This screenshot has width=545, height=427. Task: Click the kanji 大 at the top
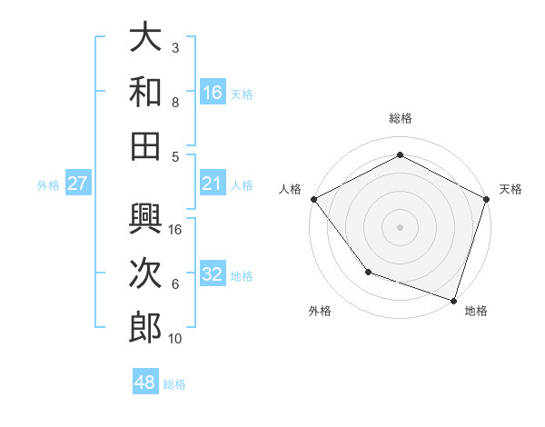[145, 39]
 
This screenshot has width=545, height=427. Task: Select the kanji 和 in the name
[145, 92]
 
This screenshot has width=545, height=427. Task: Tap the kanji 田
[145, 144]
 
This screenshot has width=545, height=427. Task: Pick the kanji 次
[145, 273]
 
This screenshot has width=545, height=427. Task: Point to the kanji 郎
[145, 327]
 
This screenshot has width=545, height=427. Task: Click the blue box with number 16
[213, 92]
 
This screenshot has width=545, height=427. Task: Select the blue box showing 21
[213, 184]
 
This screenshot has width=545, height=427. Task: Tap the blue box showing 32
[213, 274]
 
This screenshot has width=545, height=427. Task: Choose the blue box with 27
[78, 184]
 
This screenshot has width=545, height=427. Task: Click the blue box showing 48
[145, 382]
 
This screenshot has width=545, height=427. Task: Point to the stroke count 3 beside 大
[175, 47]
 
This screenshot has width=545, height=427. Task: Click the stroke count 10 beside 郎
[175, 338]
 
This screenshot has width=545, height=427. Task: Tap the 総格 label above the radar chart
[400, 118]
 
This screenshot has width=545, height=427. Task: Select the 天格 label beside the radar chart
[510, 189]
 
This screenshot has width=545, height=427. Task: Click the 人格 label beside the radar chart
[291, 189]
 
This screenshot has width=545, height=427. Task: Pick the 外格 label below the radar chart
[320, 311]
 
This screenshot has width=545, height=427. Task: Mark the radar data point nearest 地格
[453, 299]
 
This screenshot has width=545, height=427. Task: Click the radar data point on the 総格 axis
[400, 154]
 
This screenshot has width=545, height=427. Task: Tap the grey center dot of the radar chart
[400, 226]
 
